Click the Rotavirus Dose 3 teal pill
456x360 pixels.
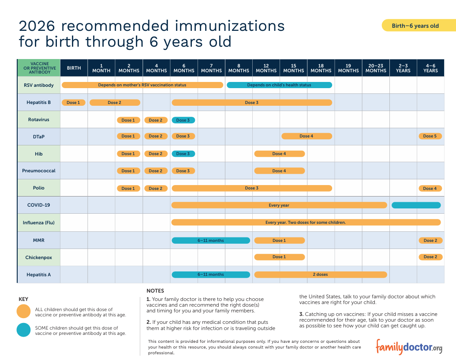(x=183, y=120)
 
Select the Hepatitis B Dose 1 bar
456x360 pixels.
(x=73, y=102)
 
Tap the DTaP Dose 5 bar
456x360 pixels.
(x=430, y=136)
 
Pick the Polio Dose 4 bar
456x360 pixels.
(x=430, y=188)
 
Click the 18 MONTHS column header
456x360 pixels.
(x=321, y=68)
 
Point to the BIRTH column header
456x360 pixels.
(x=74, y=68)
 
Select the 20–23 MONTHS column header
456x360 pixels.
(x=376, y=68)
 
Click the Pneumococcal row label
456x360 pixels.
(x=39, y=171)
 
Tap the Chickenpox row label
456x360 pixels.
(x=39, y=257)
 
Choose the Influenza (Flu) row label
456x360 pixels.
(x=39, y=223)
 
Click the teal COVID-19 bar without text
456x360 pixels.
(x=416, y=205)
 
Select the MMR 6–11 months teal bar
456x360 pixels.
(x=211, y=240)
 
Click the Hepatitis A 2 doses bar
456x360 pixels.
(x=321, y=274)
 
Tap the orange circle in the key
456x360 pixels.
(x=23, y=311)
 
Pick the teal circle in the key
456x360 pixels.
(x=23, y=330)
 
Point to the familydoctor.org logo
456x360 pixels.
(x=409, y=347)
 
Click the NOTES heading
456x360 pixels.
(x=155, y=290)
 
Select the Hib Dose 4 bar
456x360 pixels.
(x=280, y=153)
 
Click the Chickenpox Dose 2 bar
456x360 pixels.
(x=430, y=257)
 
